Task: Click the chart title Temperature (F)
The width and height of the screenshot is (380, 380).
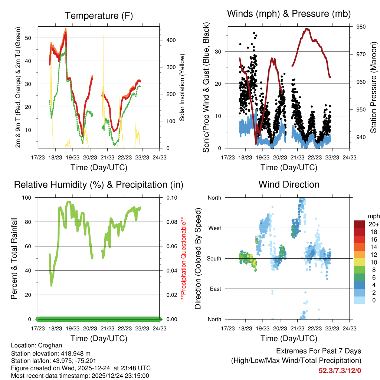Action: click(99, 16)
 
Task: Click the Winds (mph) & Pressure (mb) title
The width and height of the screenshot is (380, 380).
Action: click(289, 14)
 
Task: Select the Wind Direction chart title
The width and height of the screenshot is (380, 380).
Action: click(289, 184)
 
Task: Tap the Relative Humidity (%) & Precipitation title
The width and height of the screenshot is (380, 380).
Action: click(99, 184)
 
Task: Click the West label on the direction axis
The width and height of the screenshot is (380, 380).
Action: click(214, 228)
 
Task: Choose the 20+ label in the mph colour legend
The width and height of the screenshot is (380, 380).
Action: click(373, 224)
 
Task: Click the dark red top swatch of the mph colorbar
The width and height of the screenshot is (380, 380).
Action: click(359, 224)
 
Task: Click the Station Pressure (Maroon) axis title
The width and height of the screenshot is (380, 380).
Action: click(373, 82)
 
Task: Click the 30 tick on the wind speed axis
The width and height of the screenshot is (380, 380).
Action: click(219, 52)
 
